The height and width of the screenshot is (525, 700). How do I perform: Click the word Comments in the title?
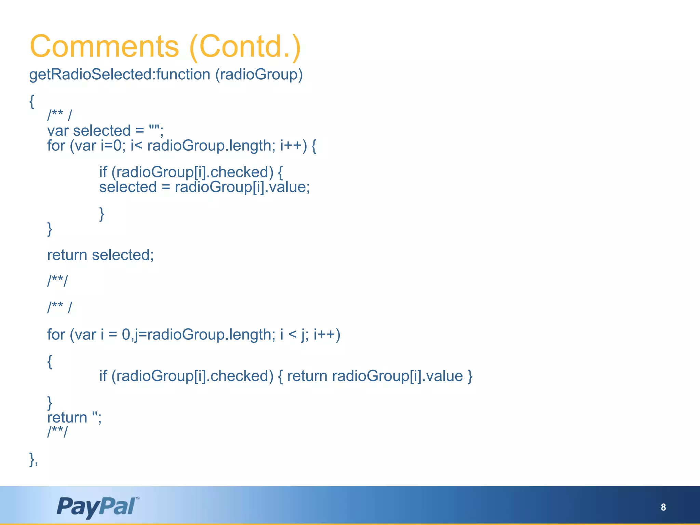tap(104, 46)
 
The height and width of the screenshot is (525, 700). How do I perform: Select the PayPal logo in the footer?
tap(97, 507)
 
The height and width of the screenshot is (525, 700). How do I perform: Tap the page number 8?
tap(663, 507)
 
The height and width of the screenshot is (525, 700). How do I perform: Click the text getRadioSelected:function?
tap(120, 75)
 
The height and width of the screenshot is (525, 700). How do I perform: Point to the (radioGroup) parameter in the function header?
tap(259, 75)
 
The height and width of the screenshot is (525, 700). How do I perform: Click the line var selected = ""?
tap(105, 131)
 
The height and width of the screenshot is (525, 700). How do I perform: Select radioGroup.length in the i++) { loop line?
tap(209, 146)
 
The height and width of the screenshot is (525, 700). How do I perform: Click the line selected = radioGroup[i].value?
tap(204, 187)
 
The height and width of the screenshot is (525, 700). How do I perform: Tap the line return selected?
tap(100, 255)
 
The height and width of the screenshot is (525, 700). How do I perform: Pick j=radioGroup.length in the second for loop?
tap(204, 334)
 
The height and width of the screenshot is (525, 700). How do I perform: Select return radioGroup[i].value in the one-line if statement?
tap(375, 376)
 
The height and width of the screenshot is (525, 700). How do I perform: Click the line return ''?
tap(74, 418)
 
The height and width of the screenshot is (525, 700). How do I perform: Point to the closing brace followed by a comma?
tap(33, 459)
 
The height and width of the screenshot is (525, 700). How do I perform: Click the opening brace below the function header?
tap(32, 102)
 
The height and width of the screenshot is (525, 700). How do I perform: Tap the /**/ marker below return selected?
tap(57, 281)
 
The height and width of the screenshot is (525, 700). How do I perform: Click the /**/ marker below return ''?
tap(57, 432)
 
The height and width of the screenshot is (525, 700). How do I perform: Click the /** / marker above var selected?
tap(59, 116)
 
